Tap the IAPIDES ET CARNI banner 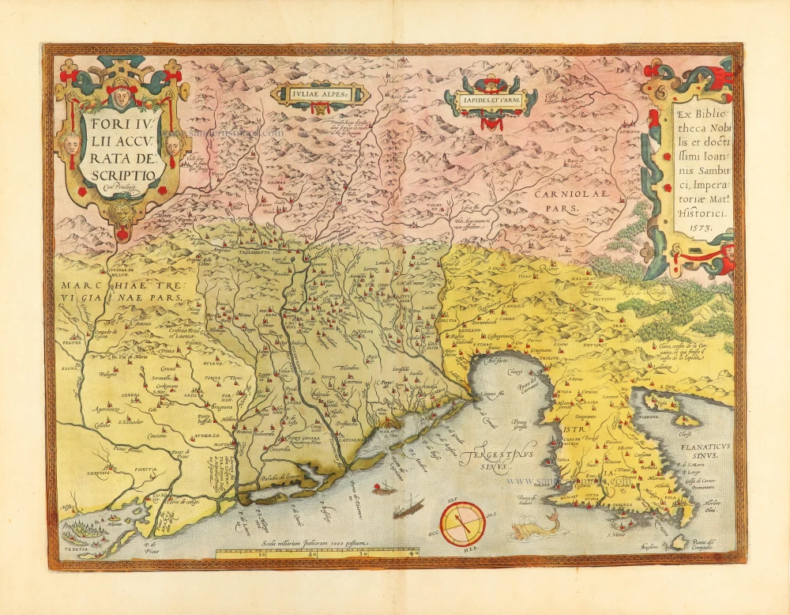coord(490,101)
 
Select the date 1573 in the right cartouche coord(695,227)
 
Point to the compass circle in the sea coord(462,523)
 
